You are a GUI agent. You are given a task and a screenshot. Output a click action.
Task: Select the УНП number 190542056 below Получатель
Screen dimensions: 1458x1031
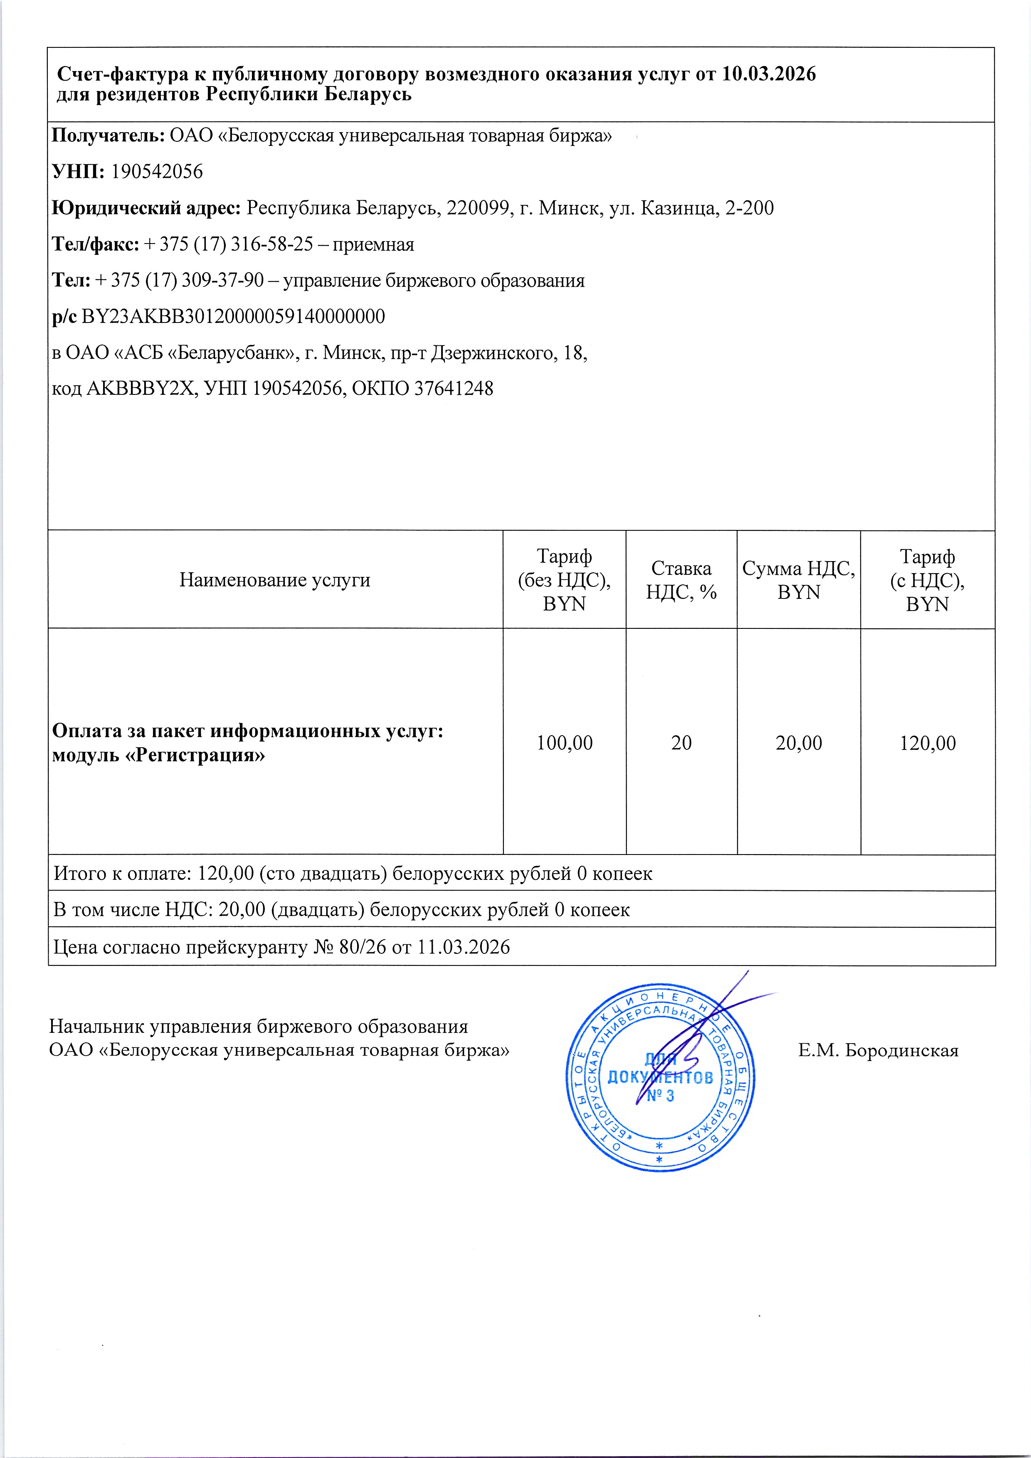[x=157, y=172]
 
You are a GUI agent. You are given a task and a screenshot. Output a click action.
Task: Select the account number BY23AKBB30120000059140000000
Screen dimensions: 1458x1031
[x=233, y=317]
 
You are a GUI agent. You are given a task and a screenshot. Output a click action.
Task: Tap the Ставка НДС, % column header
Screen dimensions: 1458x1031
[x=681, y=580]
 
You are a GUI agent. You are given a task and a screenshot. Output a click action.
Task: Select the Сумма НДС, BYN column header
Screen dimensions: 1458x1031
[x=799, y=580]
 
